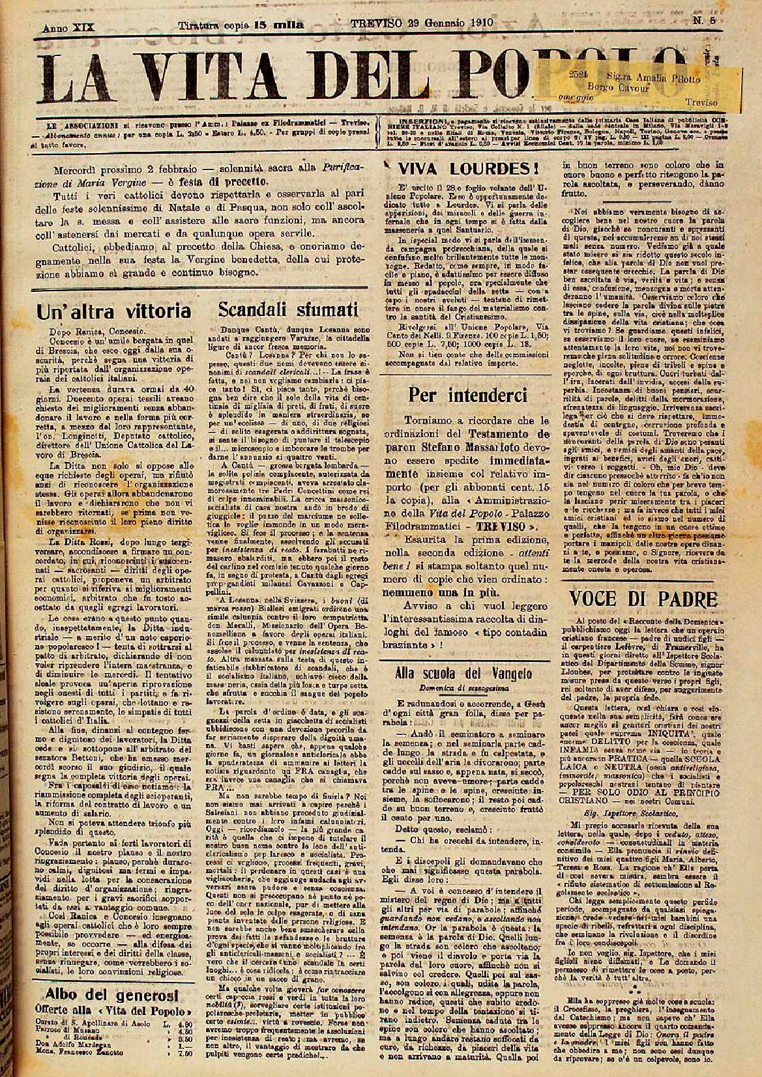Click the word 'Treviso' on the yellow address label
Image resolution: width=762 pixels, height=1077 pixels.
701,102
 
